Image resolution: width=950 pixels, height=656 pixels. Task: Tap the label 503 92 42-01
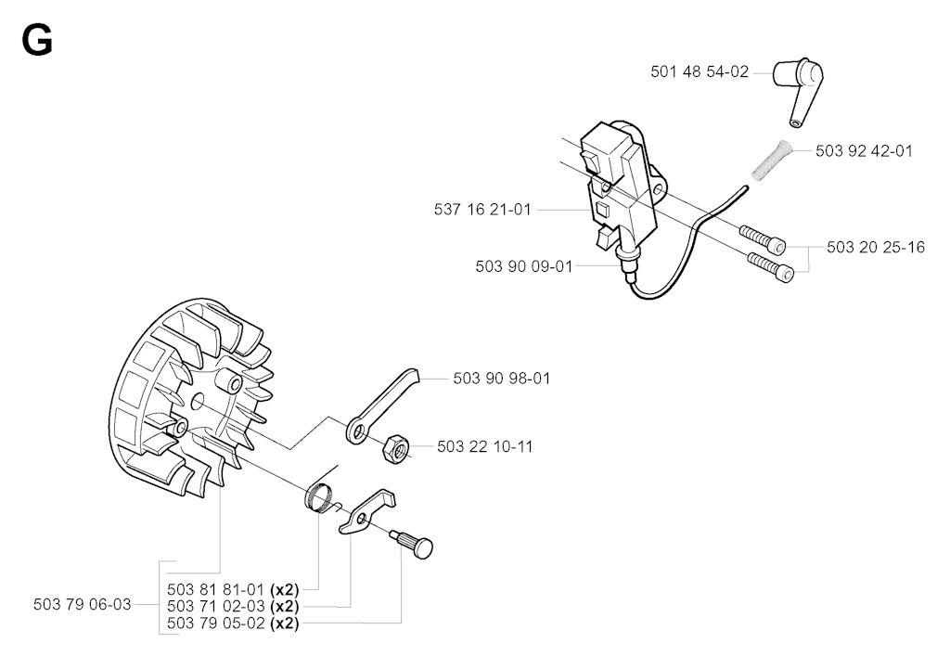click(x=864, y=150)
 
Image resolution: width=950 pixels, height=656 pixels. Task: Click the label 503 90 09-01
click(x=522, y=265)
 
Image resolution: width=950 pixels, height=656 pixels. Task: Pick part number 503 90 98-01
click(x=500, y=378)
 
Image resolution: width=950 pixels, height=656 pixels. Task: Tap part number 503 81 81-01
click(x=215, y=588)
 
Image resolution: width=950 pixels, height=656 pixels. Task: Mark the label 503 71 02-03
click(x=215, y=606)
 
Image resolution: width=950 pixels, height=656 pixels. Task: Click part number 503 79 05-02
click(x=215, y=624)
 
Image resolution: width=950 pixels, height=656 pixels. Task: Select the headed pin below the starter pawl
click(x=416, y=543)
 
